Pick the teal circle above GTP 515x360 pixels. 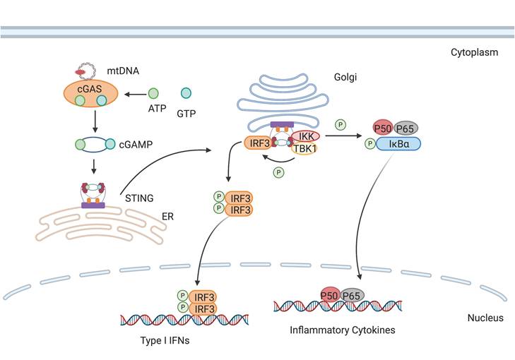[186, 93]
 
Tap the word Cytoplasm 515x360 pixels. [475, 52]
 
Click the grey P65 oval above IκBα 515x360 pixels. [406, 127]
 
